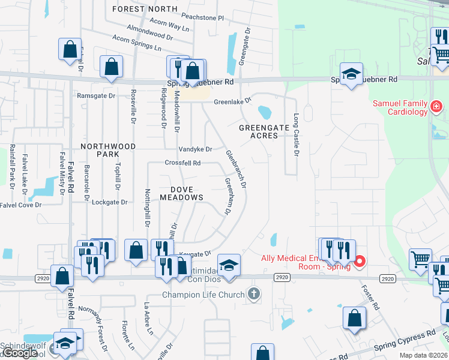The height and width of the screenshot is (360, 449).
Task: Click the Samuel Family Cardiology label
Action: pyautogui.click(x=400, y=107)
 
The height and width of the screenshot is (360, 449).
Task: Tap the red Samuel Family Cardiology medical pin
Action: pyautogui.click(x=436, y=107)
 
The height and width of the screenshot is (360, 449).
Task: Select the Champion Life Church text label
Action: pyautogui.click(x=204, y=295)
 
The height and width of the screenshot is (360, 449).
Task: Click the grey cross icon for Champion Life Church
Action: pyautogui.click(x=254, y=294)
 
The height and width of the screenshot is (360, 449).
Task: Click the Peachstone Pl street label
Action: pyautogui.click(x=203, y=19)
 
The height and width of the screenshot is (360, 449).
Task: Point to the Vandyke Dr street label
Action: pyautogui.click(x=195, y=149)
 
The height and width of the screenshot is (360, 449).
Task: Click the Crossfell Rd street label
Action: pyautogui.click(x=182, y=163)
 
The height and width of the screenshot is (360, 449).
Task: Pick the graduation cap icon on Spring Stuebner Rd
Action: pyautogui.click(x=351, y=74)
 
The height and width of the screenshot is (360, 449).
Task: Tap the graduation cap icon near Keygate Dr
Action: pyautogui.click(x=228, y=265)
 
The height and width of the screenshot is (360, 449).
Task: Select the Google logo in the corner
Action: pyautogui.click(x=20, y=353)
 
